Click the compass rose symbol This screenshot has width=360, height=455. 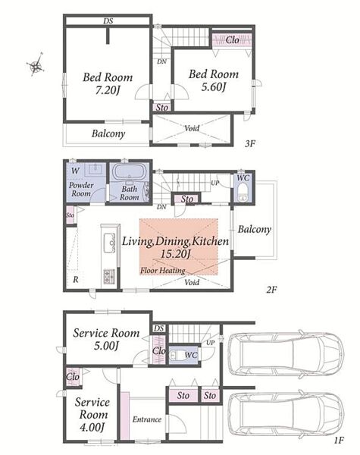click(36, 64)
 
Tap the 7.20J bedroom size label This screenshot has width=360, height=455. click(108, 90)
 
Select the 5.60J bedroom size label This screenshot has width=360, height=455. click(214, 86)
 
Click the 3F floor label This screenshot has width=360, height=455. click(249, 143)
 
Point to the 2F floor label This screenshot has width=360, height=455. click(272, 290)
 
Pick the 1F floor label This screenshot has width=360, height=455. click(339, 441)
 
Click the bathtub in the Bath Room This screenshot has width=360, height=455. click(129, 172)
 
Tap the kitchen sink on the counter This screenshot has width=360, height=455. click(109, 243)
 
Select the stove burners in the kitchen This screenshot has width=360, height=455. click(109, 276)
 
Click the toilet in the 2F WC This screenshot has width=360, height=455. click(243, 193)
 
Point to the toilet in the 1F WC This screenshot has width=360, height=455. click(176, 355)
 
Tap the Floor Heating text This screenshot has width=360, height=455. click(163, 271)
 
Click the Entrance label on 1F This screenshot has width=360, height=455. click(147, 419)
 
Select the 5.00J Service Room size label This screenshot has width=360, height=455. click(106, 346)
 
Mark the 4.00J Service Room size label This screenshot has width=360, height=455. click(92, 427)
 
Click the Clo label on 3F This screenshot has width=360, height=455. click(233, 39)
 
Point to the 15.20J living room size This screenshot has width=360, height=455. click(176, 254)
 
